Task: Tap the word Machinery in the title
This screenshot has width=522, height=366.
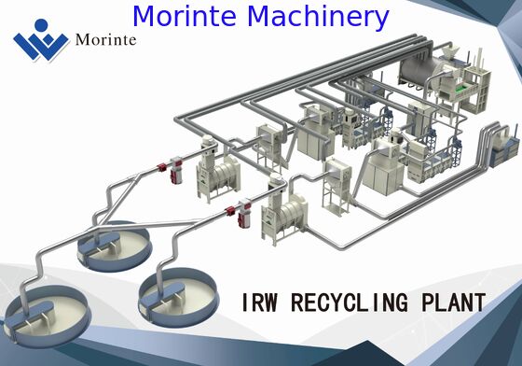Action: (x=316, y=15)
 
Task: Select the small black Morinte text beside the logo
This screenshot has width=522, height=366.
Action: (x=107, y=40)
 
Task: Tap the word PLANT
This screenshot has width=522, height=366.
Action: (x=454, y=303)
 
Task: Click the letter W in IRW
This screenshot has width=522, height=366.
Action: (x=265, y=303)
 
